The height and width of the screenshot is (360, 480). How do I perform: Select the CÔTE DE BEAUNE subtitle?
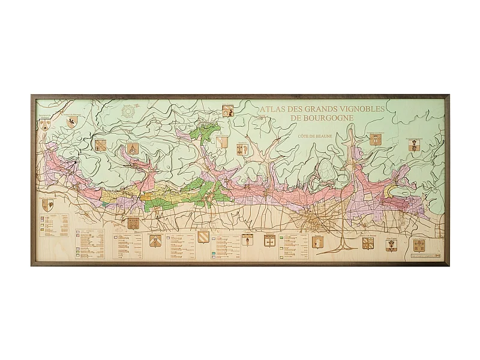pyautogui.click(x=315, y=136)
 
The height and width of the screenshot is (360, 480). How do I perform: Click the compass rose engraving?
pyautogui.click(x=128, y=111)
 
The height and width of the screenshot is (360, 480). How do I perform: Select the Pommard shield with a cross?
pyautogui.click(x=270, y=240)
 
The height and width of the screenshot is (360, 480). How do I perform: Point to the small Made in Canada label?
pyautogui.click(x=427, y=256)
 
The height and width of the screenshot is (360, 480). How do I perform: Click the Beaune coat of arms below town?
pyautogui.click(x=317, y=241)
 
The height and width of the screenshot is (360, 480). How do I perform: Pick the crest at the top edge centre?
pyautogui.click(x=227, y=111)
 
